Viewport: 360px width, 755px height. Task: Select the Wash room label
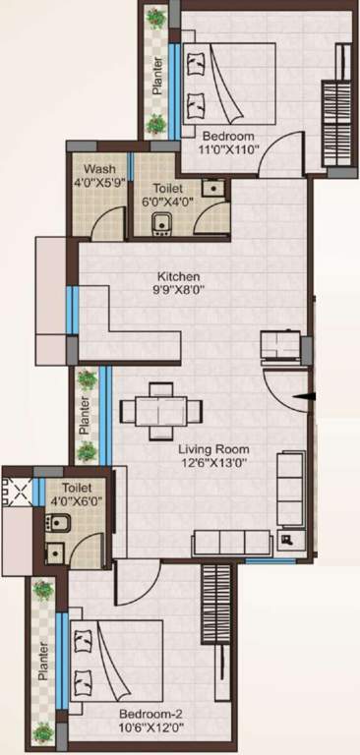(99, 169)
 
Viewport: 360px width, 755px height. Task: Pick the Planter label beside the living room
(86, 415)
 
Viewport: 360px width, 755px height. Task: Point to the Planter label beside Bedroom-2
(42, 662)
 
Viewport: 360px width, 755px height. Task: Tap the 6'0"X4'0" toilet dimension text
(171, 203)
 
